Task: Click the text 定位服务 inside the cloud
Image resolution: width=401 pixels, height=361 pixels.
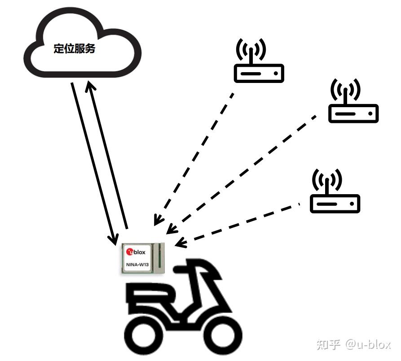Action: click(x=75, y=49)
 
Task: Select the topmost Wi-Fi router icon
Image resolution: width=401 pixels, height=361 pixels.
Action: click(x=259, y=72)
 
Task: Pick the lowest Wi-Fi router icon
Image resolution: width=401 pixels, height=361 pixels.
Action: click(x=335, y=203)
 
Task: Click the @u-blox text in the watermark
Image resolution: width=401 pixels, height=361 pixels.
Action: click(x=368, y=344)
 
